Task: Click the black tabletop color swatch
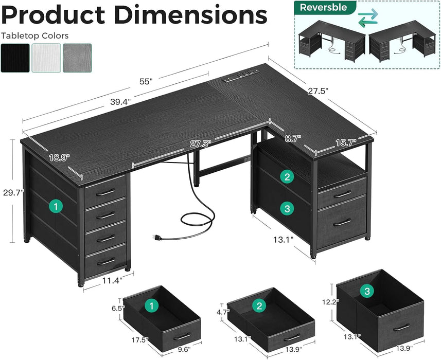click(x=14, y=58)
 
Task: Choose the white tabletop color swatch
click(x=46, y=58)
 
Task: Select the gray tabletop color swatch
click(x=77, y=58)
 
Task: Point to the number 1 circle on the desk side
click(x=56, y=206)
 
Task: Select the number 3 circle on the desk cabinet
click(x=287, y=208)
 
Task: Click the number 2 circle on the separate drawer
click(x=258, y=306)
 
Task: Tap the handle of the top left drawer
click(x=105, y=192)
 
